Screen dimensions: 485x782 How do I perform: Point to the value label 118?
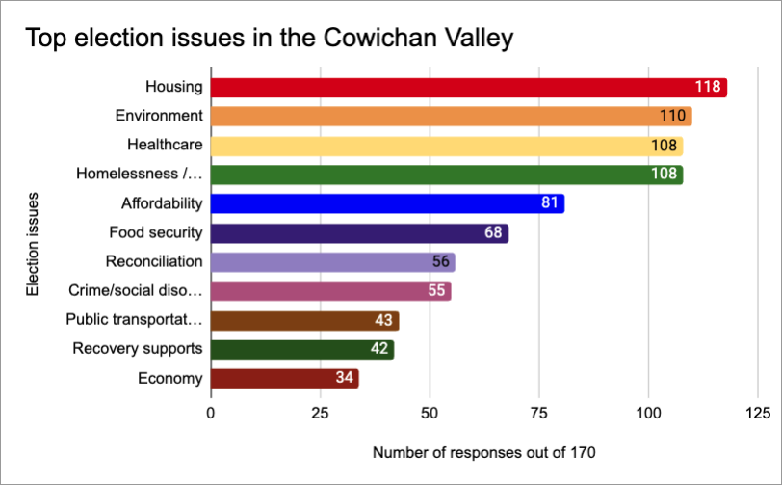(708, 87)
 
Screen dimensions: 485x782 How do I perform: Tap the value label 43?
(381, 321)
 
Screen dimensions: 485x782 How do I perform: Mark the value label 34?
(344, 379)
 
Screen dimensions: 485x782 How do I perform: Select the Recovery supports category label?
(138, 349)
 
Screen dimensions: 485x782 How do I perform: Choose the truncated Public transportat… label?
(134, 320)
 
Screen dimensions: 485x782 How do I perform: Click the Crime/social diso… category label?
(136, 290)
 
